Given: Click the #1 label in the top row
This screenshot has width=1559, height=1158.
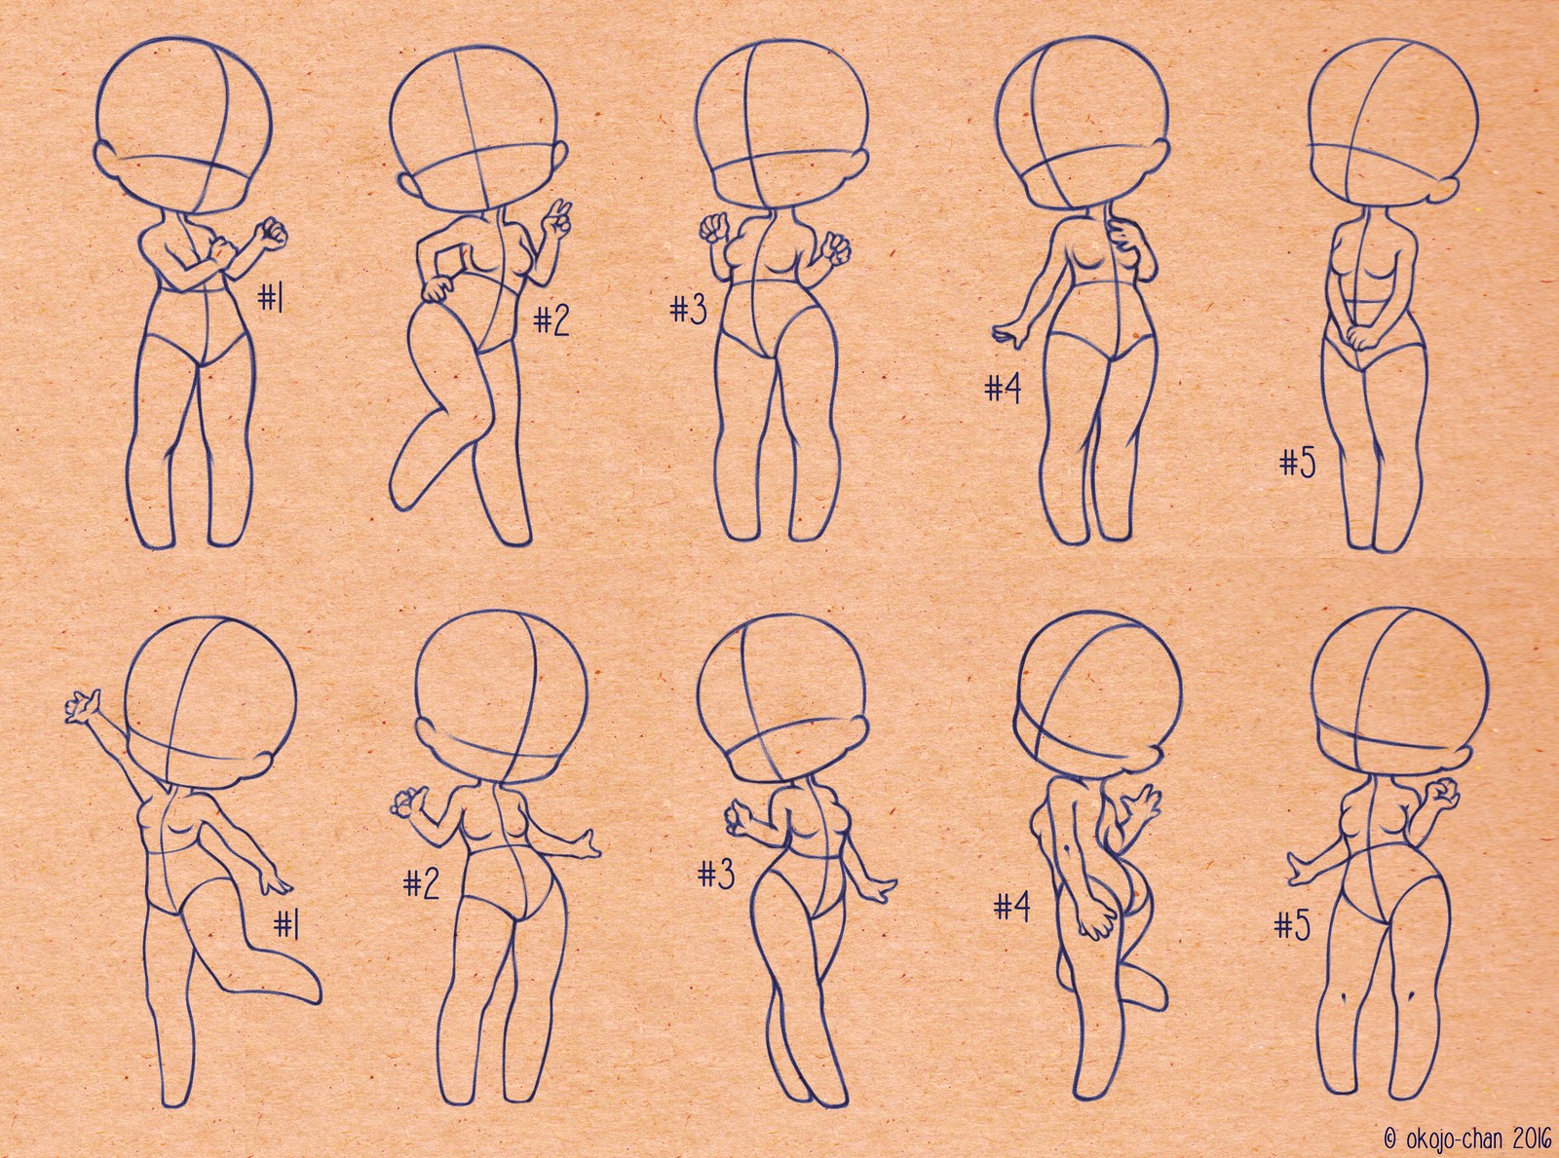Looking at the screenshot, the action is (x=271, y=298).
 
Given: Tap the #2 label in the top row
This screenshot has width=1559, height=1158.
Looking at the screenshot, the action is (x=551, y=321).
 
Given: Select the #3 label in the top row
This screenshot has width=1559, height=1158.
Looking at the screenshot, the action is (x=689, y=309).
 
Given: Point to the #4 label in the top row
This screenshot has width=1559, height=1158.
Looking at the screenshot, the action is (x=1003, y=389).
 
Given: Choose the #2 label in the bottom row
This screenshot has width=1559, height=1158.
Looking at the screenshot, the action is (x=422, y=884).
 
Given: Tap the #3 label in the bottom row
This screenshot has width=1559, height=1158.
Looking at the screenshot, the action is (x=716, y=875).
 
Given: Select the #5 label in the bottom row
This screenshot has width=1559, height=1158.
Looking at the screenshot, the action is (x=1293, y=925).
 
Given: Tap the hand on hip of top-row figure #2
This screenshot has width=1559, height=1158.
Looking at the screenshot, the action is (x=436, y=288).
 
